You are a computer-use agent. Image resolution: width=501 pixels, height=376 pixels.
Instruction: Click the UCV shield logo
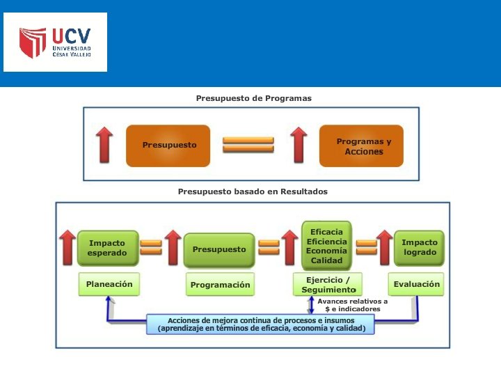33,43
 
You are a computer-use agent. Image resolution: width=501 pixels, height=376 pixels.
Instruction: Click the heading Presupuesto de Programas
253,98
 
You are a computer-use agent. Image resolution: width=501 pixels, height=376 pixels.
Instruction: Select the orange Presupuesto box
168,146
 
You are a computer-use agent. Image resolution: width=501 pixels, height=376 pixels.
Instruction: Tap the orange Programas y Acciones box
361,146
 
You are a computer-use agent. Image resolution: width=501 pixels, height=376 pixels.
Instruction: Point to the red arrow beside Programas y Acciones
299,145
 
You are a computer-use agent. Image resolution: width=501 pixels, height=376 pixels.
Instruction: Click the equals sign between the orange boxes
248,145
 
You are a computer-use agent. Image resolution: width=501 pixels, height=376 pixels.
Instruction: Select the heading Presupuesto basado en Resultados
253,191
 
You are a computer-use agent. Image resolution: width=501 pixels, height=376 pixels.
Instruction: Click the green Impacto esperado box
108,249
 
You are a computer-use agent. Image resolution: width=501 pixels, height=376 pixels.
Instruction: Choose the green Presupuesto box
219,249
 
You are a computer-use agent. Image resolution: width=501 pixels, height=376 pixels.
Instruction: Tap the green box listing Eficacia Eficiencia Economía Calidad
326,246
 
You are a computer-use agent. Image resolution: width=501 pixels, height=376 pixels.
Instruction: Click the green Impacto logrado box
419,248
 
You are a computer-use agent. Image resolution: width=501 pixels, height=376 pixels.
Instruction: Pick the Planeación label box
109,284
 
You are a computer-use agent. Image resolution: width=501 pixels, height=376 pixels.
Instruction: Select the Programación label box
220,285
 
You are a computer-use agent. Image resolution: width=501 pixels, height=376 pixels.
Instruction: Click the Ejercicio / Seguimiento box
328,285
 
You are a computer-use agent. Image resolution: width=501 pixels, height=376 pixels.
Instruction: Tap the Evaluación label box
417,284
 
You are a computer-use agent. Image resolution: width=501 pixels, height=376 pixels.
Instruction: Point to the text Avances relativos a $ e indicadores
352,305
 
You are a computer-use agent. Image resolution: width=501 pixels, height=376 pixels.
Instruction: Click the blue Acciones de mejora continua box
262,324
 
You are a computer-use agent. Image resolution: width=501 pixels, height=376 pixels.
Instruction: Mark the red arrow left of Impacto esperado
67,248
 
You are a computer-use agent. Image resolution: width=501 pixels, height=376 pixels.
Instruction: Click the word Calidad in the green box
326,260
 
